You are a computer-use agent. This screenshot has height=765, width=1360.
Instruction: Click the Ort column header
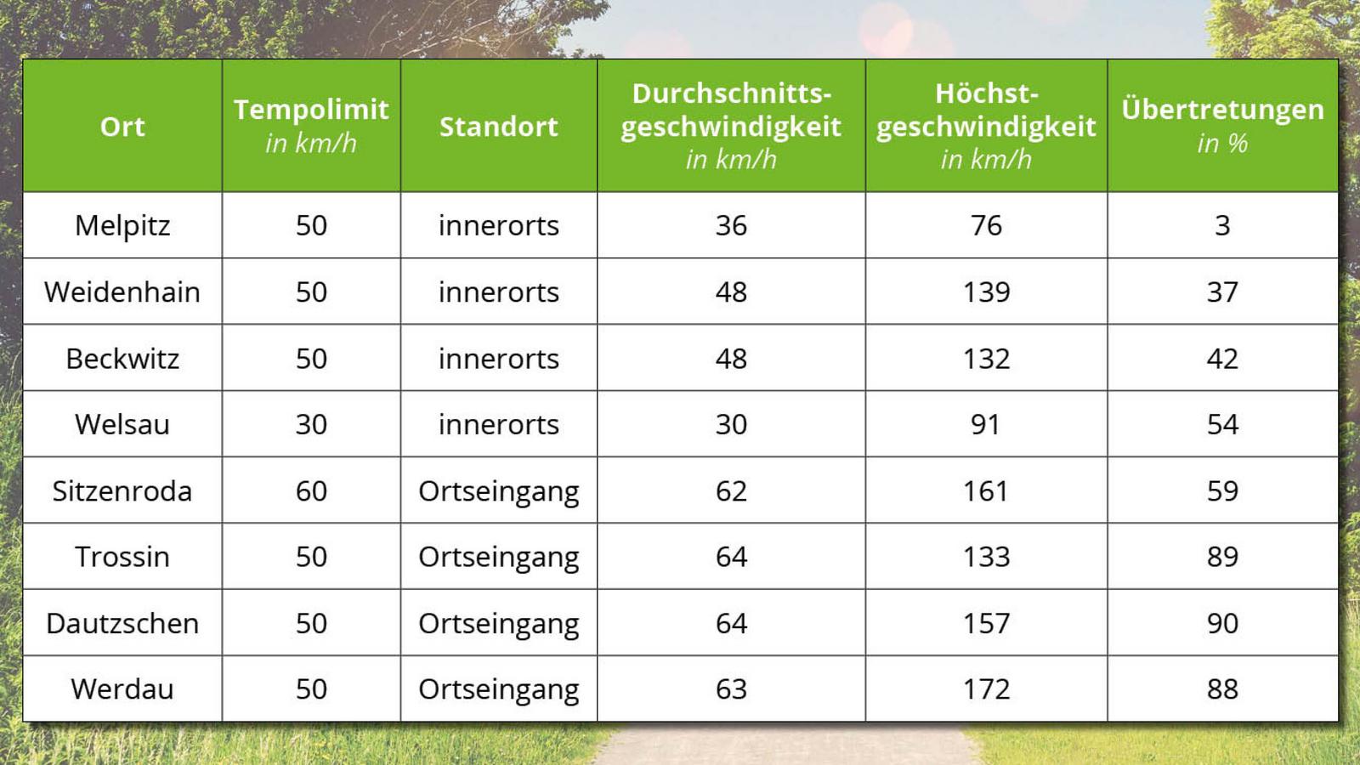[122, 127]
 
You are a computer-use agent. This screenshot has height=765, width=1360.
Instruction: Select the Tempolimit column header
[311, 126]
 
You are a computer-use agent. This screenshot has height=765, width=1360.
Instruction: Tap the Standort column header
[498, 127]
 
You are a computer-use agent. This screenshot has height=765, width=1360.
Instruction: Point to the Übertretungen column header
[1222, 126]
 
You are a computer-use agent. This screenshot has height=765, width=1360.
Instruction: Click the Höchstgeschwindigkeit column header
[986, 127]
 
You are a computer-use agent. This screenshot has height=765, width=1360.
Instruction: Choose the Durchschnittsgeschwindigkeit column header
[731, 127]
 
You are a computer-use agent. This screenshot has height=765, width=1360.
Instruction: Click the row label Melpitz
[122, 226]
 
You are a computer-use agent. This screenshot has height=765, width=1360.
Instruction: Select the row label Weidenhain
[122, 292]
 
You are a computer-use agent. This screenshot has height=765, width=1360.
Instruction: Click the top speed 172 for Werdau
[986, 689]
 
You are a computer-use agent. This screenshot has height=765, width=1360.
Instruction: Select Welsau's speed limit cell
[311, 424]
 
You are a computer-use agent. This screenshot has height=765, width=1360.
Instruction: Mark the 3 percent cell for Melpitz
[1222, 226]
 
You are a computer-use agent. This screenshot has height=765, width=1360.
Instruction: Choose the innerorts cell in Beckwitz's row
[498, 359]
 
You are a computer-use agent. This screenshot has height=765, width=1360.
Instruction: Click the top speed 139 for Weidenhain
[986, 292]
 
